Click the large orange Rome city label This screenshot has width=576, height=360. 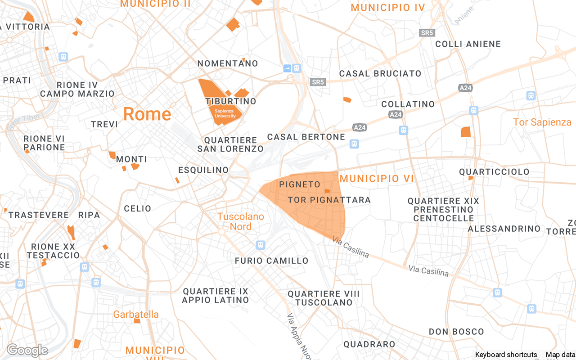(x=147, y=114)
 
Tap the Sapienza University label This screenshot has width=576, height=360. (x=225, y=113)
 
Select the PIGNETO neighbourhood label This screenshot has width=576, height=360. (x=300, y=184)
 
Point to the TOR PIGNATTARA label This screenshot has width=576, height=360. (x=329, y=200)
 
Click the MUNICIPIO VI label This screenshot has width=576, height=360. (x=376, y=179)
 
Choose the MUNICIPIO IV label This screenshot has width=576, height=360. (x=387, y=8)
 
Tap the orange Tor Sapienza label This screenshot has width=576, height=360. (x=542, y=122)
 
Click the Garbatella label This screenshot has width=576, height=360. (x=136, y=314)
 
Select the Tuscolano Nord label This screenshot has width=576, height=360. (x=241, y=221)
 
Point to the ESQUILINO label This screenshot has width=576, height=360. (x=203, y=170)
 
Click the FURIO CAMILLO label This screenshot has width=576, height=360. (x=272, y=261)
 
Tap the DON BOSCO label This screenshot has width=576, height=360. (x=456, y=332)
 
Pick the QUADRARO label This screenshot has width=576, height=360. (x=369, y=344)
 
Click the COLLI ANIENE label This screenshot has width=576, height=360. (x=468, y=44)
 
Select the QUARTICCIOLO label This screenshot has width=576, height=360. (x=494, y=172)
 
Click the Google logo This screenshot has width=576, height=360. (x=27, y=350)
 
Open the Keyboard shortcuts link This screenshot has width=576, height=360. (x=506, y=355)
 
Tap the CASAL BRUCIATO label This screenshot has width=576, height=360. (x=380, y=73)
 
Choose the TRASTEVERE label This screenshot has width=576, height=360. (x=39, y=215)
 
